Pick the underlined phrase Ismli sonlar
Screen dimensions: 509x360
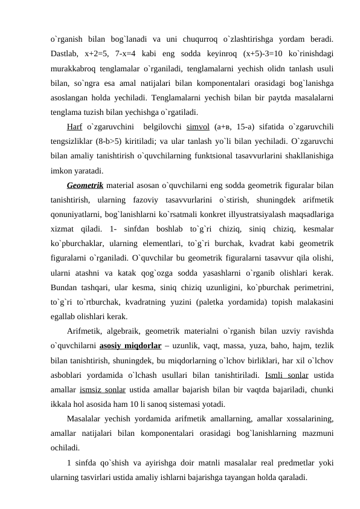click(287, 375)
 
